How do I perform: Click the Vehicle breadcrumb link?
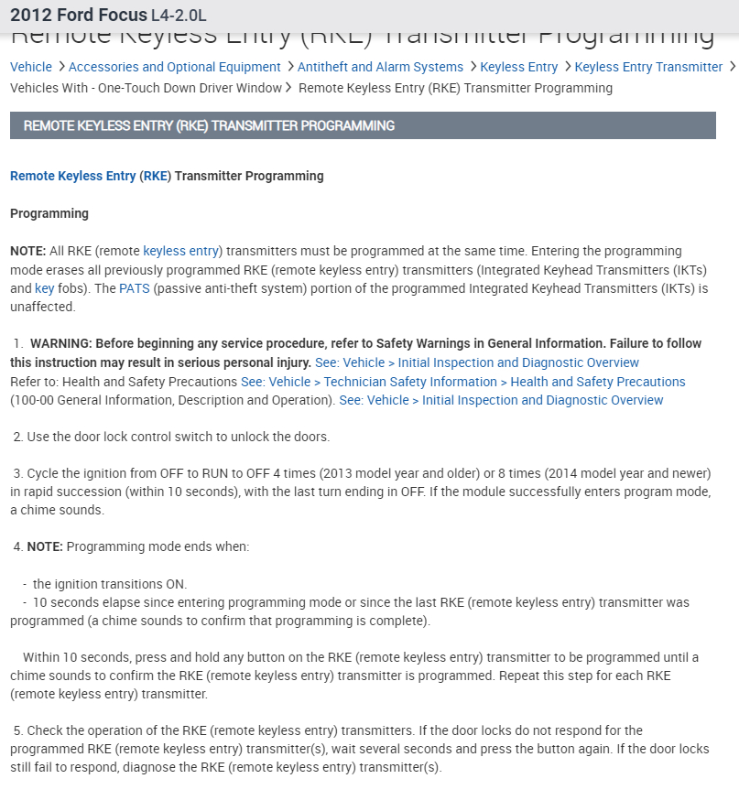click(x=31, y=67)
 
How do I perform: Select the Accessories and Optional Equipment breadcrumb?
click(x=174, y=67)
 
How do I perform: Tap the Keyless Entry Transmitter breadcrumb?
click(x=648, y=67)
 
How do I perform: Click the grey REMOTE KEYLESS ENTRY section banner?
click(x=363, y=125)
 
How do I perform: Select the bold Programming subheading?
click(x=49, y=213)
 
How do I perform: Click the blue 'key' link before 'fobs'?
click(x=44, y=288)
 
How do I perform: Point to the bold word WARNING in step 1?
click(x=61, y=343)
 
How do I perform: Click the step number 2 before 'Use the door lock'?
click(x=17, y=437)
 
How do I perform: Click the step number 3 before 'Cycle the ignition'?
click(x=17, y=473)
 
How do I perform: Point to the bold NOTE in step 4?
click(x=44, y=546)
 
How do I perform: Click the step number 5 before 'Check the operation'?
click(x=17, y=730)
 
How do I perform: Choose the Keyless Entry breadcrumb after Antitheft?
click(x=518, y=67)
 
